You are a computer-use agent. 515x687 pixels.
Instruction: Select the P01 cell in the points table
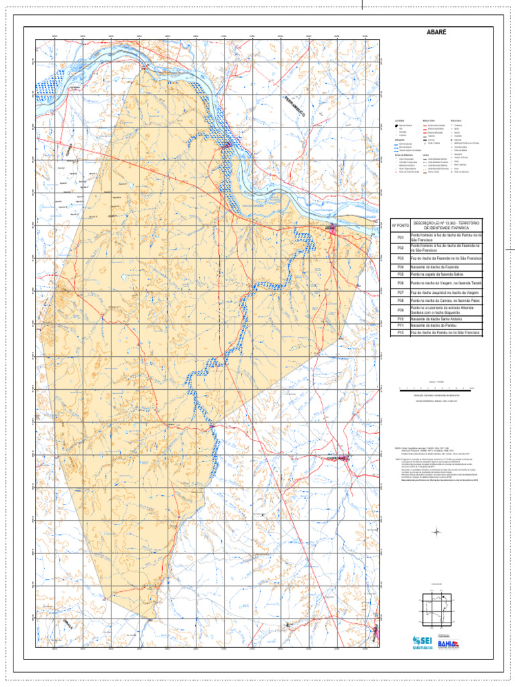click(400, 237)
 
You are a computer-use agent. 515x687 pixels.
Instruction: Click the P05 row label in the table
click(400, 274)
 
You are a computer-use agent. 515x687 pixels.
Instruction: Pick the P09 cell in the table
click(400, 311)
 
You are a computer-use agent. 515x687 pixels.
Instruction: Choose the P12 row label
click(400, 332)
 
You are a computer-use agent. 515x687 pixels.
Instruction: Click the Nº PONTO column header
click(400, 225)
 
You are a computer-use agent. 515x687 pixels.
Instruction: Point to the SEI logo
click(424, 642)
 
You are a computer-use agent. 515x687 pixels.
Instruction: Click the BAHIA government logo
click(447, 643)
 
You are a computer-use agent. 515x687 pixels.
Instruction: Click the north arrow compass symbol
click(437, 532)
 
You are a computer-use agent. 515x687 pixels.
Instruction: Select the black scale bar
click(436, 388)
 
